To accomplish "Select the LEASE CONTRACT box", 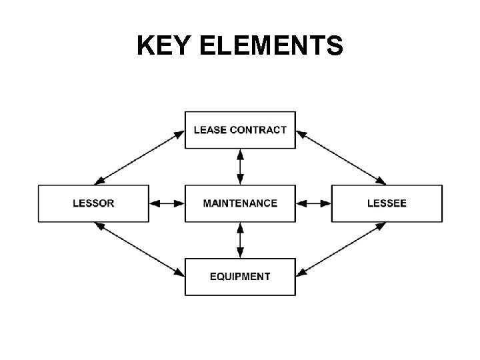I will coord(240,129).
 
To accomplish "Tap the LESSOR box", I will coord(93,203).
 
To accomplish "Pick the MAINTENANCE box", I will coord(240,203).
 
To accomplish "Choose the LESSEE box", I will coord(387,203).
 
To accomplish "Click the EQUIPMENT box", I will coord(240,276).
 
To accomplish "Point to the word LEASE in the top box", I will coord(210,129).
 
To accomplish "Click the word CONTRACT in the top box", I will coord(259,129).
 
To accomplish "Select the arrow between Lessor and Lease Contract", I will coord(140,157).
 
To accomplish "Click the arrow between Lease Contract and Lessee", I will coord(341,157).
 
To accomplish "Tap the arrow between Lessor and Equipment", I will coord(140,249).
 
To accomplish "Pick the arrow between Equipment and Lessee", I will coord(341,249).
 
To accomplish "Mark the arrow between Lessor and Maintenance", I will coord(167,203).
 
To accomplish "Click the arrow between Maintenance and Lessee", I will coord(313,203).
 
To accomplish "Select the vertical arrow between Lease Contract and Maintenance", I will coord(240,167).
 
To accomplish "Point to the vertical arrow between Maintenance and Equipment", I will coord(240,240).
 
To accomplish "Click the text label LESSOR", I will coord(93,203).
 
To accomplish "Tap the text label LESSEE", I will coord(387,203).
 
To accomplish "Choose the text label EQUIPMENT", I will coord(240,276).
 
